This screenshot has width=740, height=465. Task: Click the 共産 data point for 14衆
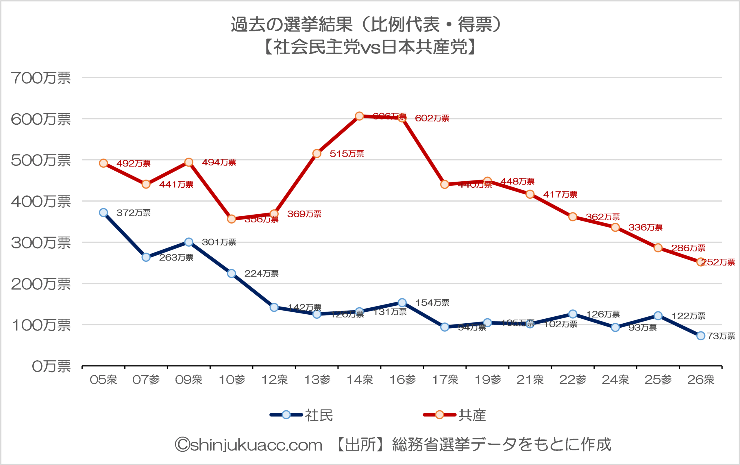pos(359,116)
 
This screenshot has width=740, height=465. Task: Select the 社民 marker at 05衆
pos(103,212)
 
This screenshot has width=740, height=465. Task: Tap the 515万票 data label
pos(347,154)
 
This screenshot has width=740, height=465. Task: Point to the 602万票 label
pos(432,118)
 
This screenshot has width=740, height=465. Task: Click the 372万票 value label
pos(133,213)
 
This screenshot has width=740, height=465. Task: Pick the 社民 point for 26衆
pos(701,336)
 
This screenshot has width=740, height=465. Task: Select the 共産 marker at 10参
pos(232,219)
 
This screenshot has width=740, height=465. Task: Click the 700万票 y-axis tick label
pos(40,78)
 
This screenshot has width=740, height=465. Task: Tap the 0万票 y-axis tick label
pos(51,366)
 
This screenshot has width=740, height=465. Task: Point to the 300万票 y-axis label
pos(40,243)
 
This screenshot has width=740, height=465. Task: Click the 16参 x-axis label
pos(402,380)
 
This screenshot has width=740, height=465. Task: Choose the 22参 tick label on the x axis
pos(573,380)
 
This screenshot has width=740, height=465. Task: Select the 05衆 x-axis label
pos(103,380)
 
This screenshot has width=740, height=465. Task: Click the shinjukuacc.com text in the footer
pos(249,445)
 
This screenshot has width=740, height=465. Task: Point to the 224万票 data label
pos(261,274)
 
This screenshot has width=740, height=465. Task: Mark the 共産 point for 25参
pos(658,248)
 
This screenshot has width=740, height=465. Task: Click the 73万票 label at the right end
pos(721,336)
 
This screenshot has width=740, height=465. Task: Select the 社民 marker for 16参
pos(402,303)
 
